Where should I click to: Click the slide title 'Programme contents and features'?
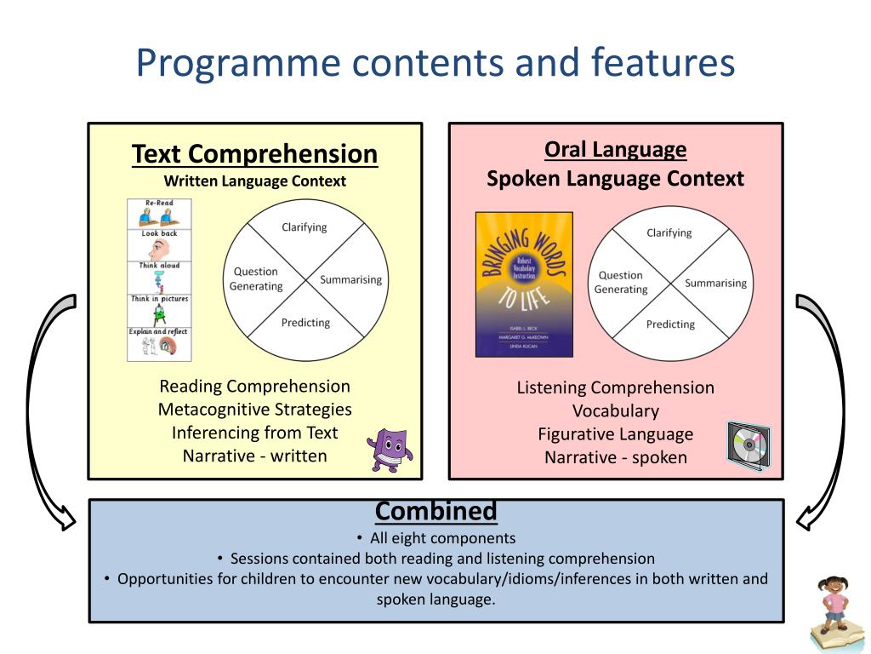pyautogui.click(x=435, y=64)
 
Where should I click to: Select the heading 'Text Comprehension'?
pyautogui.click(x=254, y=154)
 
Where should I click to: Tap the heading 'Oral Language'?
pyautogui.click(x=615, y=150)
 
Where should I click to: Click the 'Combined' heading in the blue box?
pyautogui.click(x=435, y=511)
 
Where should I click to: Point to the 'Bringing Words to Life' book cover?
pyautogui.click(x=524, y=284)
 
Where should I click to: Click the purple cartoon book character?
pyautogui.click(x=390, y=450)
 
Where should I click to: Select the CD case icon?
pyautogui.click(x=748, y=443)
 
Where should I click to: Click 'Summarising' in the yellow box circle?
pyautogui.click(x=350, y=279)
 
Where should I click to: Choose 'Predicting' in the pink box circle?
pyautogui.click(x=670, y=324)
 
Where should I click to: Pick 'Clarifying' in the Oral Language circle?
pyautogui.click(x=669, y=232)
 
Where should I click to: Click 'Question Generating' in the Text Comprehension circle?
pyautogui.click(x=256, y=279)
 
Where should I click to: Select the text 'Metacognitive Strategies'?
pyautogui.click(x=254, y=410)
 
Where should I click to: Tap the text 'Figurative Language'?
pyautogui.click(x=615, y=434)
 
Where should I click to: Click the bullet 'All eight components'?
pyautogui.click(x=442, y=538)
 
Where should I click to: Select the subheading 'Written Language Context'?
pyautogui.click(x=254, y=181)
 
